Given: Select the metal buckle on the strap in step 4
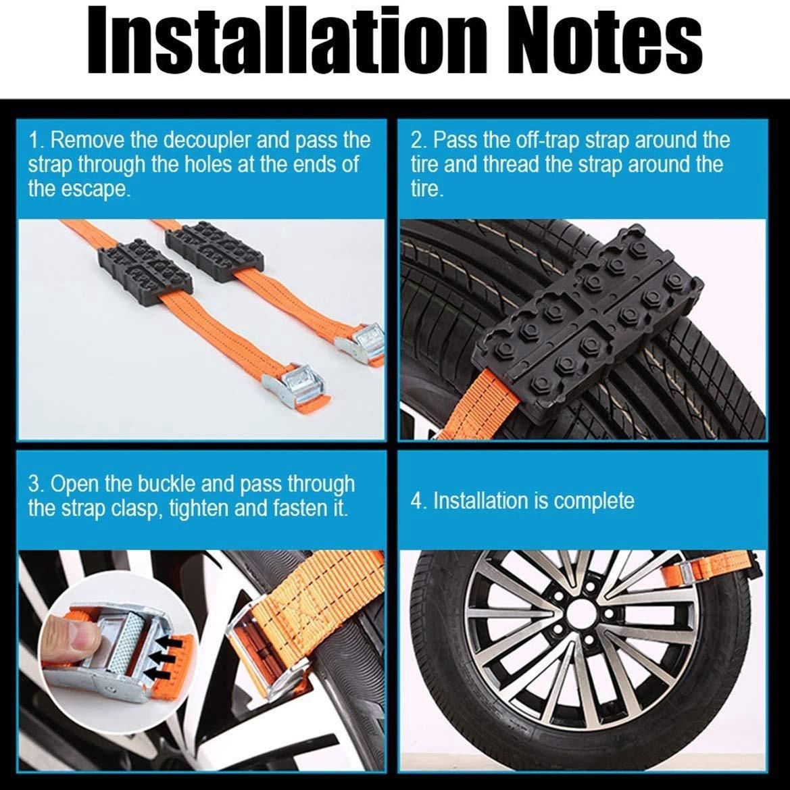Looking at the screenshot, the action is [x=686, y=572].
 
